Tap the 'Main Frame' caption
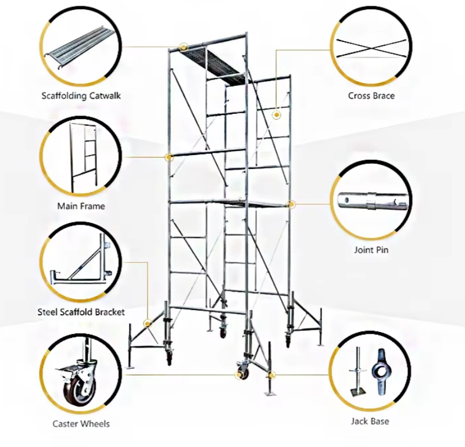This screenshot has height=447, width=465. tap(81, 206)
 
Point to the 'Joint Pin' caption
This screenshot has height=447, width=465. tap(371, 250)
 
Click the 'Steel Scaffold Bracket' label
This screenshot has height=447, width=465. tap(81, 312)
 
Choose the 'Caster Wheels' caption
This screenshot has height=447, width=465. tap(81, 424)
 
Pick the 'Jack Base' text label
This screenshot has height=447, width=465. tap(370, 421)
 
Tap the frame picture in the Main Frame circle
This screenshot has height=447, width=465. tap(81, 157)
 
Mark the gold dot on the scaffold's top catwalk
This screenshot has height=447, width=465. tap(184, 45)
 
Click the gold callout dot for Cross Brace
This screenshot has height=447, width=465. tap(277, 116)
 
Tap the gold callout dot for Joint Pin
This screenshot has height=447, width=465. tap(292, 204)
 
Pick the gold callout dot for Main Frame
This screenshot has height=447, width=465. tap(170, 157)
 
